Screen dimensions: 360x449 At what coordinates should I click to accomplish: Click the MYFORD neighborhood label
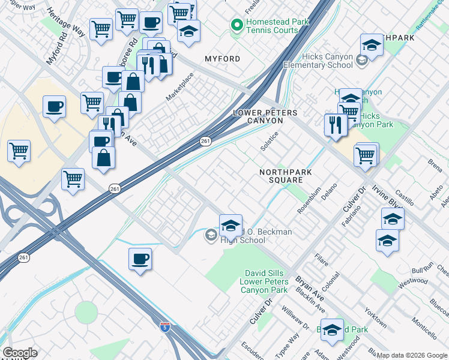pos(222,59)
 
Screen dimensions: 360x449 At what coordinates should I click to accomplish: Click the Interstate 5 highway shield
pos(164,327)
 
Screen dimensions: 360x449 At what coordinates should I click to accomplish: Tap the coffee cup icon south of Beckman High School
pos(140,259)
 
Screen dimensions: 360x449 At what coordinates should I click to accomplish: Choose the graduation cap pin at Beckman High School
pos(230,225)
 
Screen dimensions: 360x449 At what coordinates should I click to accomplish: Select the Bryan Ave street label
pos(310,290)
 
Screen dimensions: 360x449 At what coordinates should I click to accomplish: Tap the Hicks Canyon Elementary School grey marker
pos(361,60)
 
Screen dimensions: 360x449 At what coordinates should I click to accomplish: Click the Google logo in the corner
pos(19,353)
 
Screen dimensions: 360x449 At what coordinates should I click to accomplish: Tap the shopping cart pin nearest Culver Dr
pos(366,155)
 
